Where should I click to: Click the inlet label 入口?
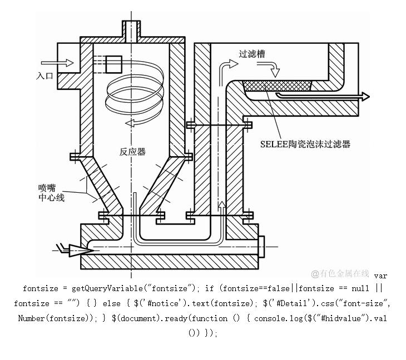[x=45, y=76]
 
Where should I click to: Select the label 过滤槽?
[x=251, y=54]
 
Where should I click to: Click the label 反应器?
[x=132, y=152]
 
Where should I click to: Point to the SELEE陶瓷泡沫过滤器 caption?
[x=305, y=144]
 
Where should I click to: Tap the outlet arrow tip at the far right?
[x=365, y=96]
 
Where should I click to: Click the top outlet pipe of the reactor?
[x=131, y=30]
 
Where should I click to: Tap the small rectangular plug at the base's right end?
[x=263, y=244]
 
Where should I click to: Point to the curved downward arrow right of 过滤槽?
[x=273, y=69]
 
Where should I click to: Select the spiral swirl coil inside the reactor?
[x=133, y=92]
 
